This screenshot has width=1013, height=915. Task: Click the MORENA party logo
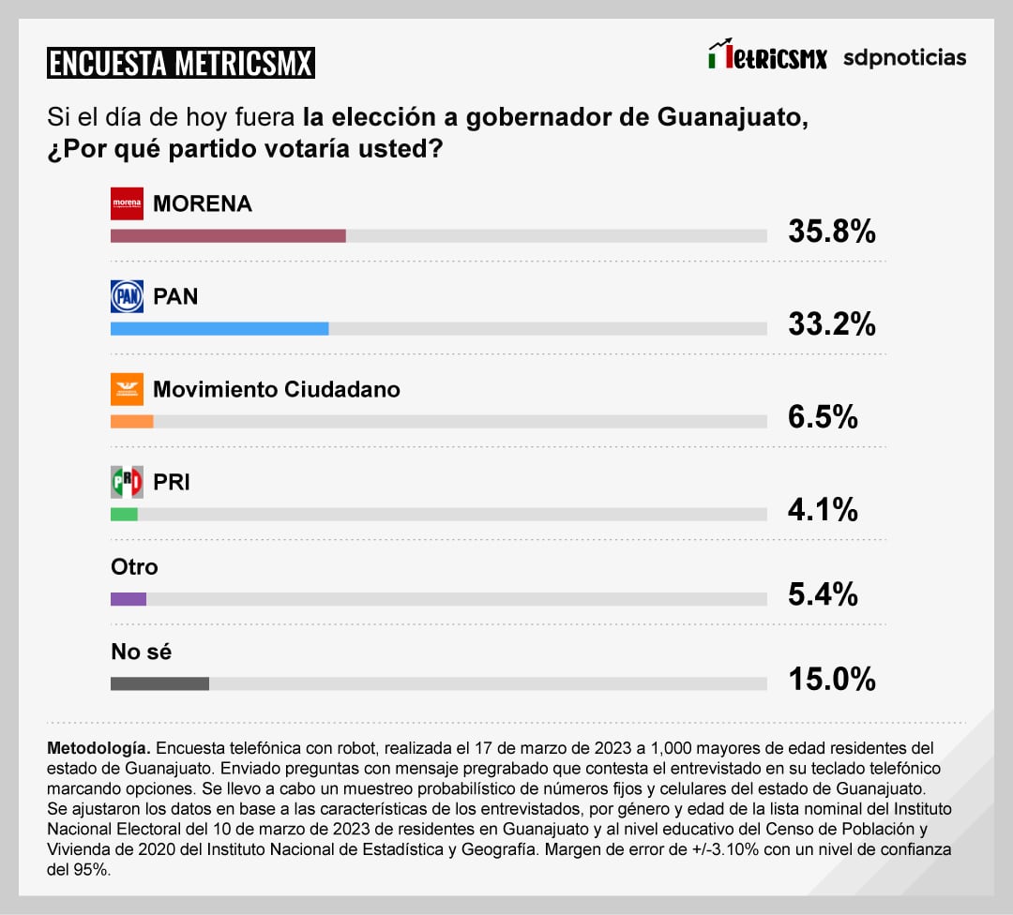tap(127, 203)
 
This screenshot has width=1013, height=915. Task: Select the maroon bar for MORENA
tap(228, 235)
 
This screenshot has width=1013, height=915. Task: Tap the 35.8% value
tap(831, 232)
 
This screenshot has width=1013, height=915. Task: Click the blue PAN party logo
tap(127, 296)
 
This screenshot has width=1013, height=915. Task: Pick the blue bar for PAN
tap(219, 328)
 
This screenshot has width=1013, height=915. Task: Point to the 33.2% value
tap(831, 324)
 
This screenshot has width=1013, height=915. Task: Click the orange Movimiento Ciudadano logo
tap(127, 389)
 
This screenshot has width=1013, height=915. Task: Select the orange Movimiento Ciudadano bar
tap(131, 421)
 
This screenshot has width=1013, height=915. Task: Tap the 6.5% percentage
tap(823, 417)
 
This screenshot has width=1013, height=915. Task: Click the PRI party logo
tap(127, 482)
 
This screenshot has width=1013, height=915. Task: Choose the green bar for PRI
tap(124, 514)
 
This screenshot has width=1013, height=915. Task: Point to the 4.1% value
tap(823, 510)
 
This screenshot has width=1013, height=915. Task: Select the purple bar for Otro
tap(129, 598)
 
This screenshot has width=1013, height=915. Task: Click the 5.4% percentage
tap(823, 594)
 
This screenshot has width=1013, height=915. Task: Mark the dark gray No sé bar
tap(159, 683)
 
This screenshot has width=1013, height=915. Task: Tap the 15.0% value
tap(831, 679)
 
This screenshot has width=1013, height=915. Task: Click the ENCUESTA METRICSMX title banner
tap(181, 63)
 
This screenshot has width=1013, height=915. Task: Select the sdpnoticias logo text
tap(904, 57)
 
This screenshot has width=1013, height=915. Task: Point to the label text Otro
tap(134, 567)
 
